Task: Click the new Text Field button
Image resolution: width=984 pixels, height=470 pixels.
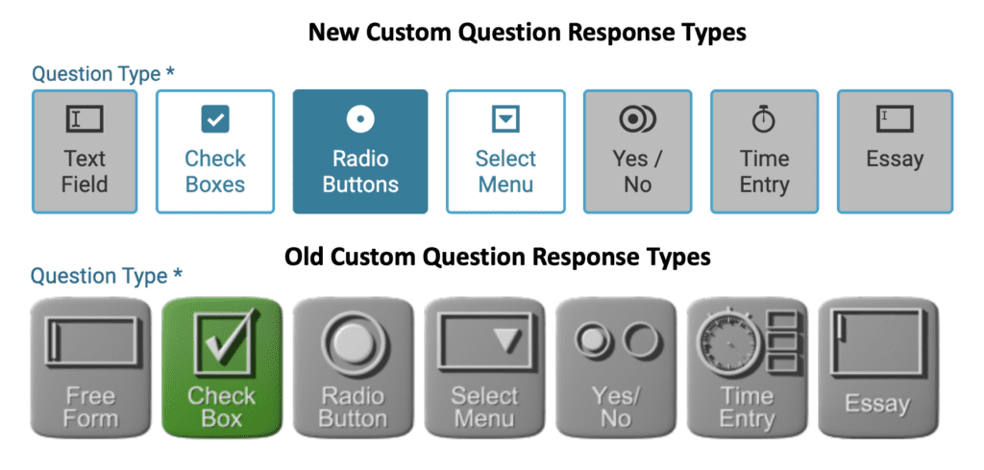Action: tap(85, 152)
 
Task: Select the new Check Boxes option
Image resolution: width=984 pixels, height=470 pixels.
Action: tap(214, 152)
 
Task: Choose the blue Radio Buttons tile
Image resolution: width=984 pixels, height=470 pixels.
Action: tap(360, 152)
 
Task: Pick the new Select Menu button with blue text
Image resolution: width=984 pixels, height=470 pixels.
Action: tap(505, 152)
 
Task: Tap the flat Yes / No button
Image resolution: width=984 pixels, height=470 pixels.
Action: tap(638, 152)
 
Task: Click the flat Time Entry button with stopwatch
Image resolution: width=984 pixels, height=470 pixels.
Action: tap(764, 152)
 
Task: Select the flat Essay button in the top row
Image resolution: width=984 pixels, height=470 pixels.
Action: tap(895, 152)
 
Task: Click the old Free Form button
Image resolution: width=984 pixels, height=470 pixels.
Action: tap(91, 367)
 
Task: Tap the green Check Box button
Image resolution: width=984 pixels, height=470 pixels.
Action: tap(222, 367)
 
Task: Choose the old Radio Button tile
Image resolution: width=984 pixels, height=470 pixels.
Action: tap(354, 367)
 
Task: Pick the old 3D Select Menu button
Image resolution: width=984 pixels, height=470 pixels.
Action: tap(485, 367)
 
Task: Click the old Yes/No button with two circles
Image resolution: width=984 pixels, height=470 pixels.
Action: tap(616, 367)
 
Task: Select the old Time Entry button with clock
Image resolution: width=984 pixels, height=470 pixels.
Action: tap(748, 367)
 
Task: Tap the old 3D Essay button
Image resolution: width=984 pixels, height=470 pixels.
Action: tap(878, 367)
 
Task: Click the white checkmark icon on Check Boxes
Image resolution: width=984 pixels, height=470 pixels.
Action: tap(215, 119)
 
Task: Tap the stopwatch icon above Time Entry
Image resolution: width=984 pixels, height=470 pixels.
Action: tap(764, 119)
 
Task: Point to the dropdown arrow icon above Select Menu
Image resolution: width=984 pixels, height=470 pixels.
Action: tap(505, 118)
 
